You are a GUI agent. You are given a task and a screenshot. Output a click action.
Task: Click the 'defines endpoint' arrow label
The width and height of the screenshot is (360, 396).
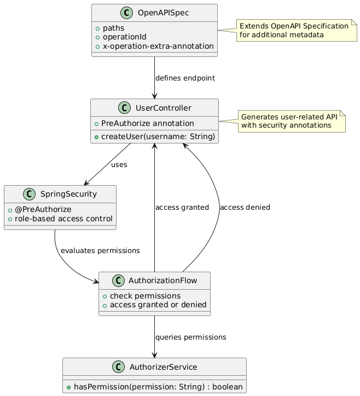[185, 78]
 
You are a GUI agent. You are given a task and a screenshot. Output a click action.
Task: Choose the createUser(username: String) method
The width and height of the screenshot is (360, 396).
[158, 136]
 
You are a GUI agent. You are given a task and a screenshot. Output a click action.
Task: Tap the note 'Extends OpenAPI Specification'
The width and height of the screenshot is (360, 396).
[294, 30]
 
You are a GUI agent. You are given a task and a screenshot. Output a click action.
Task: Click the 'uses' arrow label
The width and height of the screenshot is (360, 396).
[119, 164]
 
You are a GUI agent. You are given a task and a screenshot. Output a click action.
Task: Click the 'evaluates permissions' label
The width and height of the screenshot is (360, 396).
[100, 250]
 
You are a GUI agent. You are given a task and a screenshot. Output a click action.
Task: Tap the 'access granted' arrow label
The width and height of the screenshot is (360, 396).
[182, 208]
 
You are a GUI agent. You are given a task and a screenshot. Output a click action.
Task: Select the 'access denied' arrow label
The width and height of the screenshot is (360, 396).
[245, 208]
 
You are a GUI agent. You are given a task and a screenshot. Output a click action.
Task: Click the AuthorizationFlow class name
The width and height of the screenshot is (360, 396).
[163, 280]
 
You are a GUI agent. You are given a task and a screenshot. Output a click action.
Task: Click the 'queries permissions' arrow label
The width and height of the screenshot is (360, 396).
[190, 337]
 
